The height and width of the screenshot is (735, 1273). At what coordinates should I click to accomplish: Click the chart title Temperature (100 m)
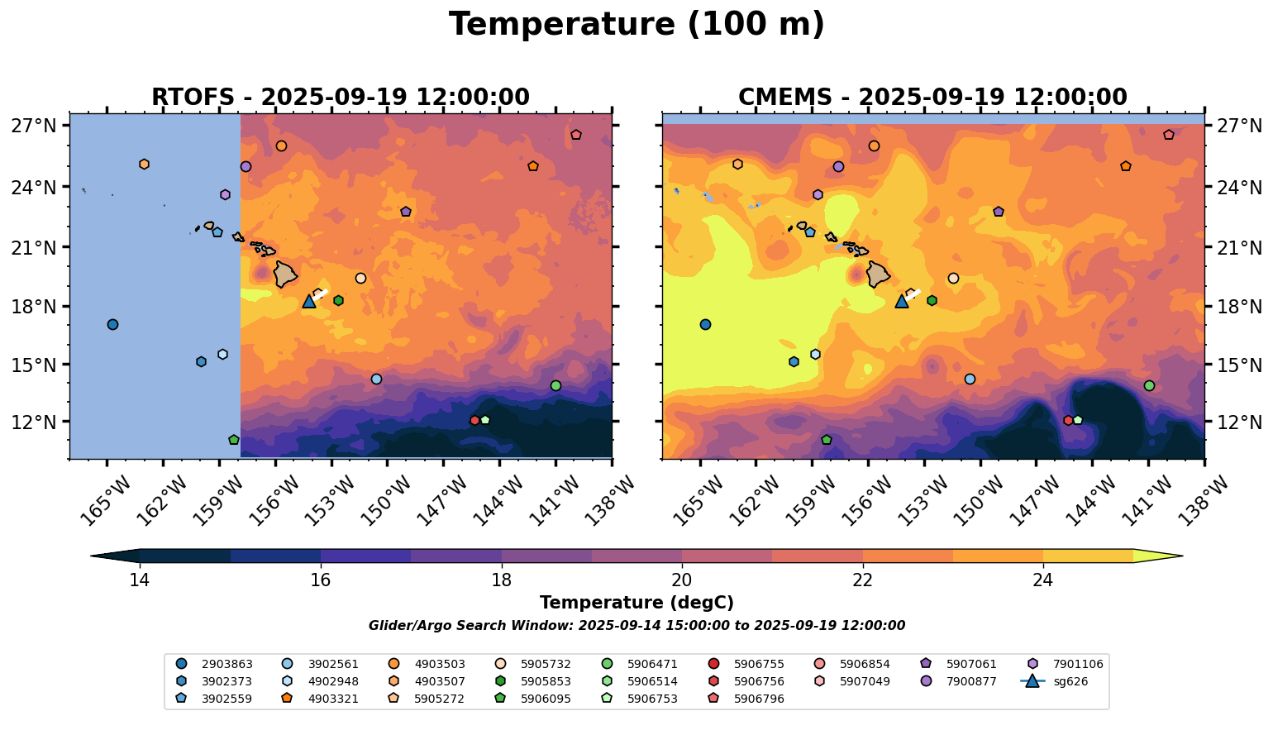[636, 25]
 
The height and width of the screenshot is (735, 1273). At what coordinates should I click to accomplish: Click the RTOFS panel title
[340, 98]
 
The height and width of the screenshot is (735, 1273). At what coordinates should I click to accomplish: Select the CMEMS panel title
[932, 98]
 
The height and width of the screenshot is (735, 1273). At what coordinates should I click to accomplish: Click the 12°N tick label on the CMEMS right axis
[1239, 422]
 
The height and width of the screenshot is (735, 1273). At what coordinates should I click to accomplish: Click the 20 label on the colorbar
[682, 580]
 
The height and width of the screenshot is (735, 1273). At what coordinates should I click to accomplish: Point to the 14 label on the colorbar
[140, 580]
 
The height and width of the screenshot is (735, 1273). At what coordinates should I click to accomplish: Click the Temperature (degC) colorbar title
[636, 603]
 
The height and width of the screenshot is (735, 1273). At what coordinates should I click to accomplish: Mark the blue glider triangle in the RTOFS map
[309, 302]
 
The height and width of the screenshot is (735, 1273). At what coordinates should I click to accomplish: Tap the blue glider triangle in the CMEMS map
[902, 302]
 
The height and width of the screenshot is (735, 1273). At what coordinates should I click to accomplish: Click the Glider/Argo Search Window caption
[636, 626]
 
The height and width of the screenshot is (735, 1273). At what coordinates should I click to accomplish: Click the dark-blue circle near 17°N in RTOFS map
[112, 324]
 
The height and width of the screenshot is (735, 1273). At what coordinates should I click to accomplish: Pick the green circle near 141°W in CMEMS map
[1149, 385]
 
